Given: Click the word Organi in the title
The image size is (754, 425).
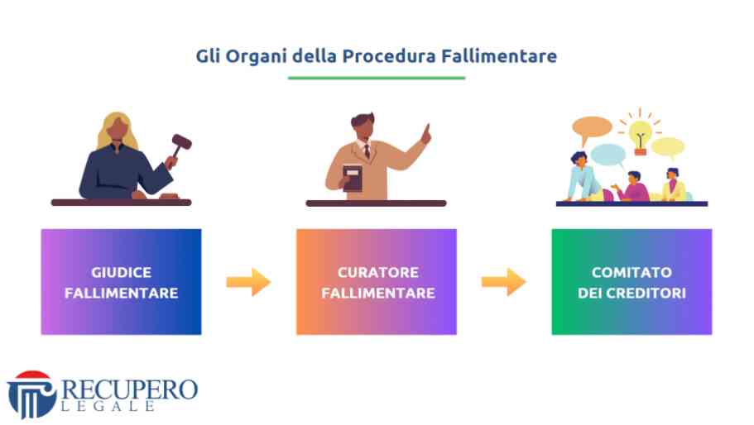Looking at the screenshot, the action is pyautogui.click(x=257, y=57).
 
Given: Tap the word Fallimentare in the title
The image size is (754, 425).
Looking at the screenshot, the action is pyautogui.click(x=499, y=55).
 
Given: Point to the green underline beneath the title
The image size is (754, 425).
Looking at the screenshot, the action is pyautogui.click(x=377, y=78).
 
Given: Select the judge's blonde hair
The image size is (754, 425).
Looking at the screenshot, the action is pyautogui.click(x=117, y=129).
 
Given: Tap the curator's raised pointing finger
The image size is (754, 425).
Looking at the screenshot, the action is pyautogui.click(x=426, y=131).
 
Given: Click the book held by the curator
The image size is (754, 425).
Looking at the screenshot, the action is pyautogui.click(x=353, y=178).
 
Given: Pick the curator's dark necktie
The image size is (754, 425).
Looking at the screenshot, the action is pyautogui.click(x=367, y=151).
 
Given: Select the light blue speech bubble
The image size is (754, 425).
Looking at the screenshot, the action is pyautogui.click(x=608, y=155).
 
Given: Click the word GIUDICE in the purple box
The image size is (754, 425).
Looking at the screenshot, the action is pyautogui.click(x=121, y=272).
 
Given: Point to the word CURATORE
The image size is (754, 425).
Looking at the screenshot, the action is pyautogui.click(x=378, y=272).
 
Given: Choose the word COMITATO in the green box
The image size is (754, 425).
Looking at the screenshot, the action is pyautogui.click(x=632, y=272).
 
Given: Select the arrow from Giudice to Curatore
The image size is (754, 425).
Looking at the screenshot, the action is pyautogui.click(x=248, y=282).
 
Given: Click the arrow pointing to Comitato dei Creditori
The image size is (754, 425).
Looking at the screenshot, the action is pyautogui.click(x=504, y=282).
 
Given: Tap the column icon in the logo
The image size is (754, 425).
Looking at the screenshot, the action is pyautogui.click(x=31, y=395).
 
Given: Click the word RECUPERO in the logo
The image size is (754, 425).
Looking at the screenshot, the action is pyautogui.click(x=130, y=389).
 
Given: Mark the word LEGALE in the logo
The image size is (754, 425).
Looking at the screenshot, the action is pyautogui.click(x=108, y=406).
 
